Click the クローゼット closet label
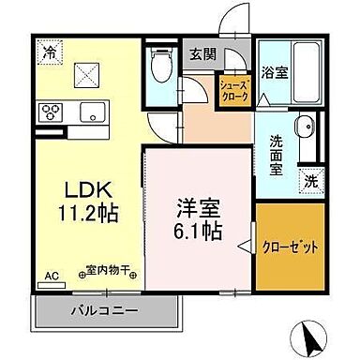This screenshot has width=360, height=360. [288, 245]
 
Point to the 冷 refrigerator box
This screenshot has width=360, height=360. [48, 53]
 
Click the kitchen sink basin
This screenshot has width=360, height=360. [93, 112]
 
